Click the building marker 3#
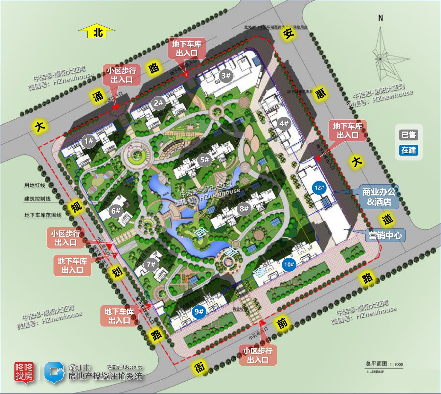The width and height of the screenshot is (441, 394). point(226,75)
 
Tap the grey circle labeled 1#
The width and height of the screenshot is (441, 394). point(88,141)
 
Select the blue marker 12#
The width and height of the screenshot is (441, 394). point(319,188)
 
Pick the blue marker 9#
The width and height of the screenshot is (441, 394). point(199,312)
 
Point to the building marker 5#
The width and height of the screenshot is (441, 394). point(204,160)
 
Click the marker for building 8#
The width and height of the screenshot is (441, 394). point(244,209)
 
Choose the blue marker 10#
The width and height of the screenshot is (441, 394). point(289,264)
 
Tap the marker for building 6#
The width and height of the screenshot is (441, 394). point(116,211)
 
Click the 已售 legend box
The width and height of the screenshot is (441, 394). point(408,135)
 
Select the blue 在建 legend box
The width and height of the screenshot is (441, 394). point(408,150)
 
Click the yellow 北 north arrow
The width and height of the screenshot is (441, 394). point(97,32)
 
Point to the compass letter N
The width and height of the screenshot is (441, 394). point(381,18)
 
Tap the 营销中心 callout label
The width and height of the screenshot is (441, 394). point(385,235)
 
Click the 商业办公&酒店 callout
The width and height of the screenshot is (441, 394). point(379,197)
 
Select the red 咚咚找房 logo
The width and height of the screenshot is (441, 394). point(24,372)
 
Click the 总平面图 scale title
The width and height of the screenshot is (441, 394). point(376,363)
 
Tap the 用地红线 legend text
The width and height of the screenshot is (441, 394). point(35,185)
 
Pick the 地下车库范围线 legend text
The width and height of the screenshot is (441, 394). point(43,215)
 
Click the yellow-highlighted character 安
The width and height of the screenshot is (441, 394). point(289,34)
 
